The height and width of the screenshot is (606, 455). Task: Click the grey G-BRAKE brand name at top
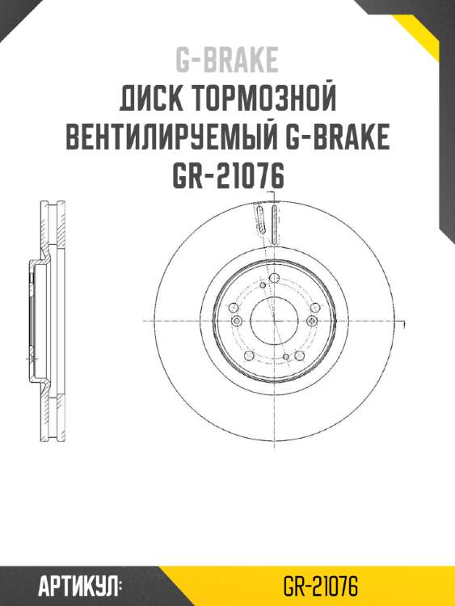tap(227, 59)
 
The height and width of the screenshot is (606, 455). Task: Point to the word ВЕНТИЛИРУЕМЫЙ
tap(174, 138)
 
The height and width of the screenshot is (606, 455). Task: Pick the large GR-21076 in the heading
tap(227, 176)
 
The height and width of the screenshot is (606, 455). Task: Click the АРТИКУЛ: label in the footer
tap(79, 584)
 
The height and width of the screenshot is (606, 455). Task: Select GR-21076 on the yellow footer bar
tap(321, 584)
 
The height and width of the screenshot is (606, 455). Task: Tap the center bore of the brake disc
tap(274, 321)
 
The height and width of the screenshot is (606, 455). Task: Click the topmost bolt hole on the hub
tap(274, 279)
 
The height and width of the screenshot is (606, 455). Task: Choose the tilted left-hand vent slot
tap(261, 225)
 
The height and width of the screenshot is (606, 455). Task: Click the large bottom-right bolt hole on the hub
tap(301, 351)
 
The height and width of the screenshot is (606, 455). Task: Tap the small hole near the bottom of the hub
tap(286, 356)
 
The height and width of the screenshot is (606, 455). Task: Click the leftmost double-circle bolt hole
tap(236, 321)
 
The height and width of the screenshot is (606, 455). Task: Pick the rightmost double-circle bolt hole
tap(313, 321)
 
